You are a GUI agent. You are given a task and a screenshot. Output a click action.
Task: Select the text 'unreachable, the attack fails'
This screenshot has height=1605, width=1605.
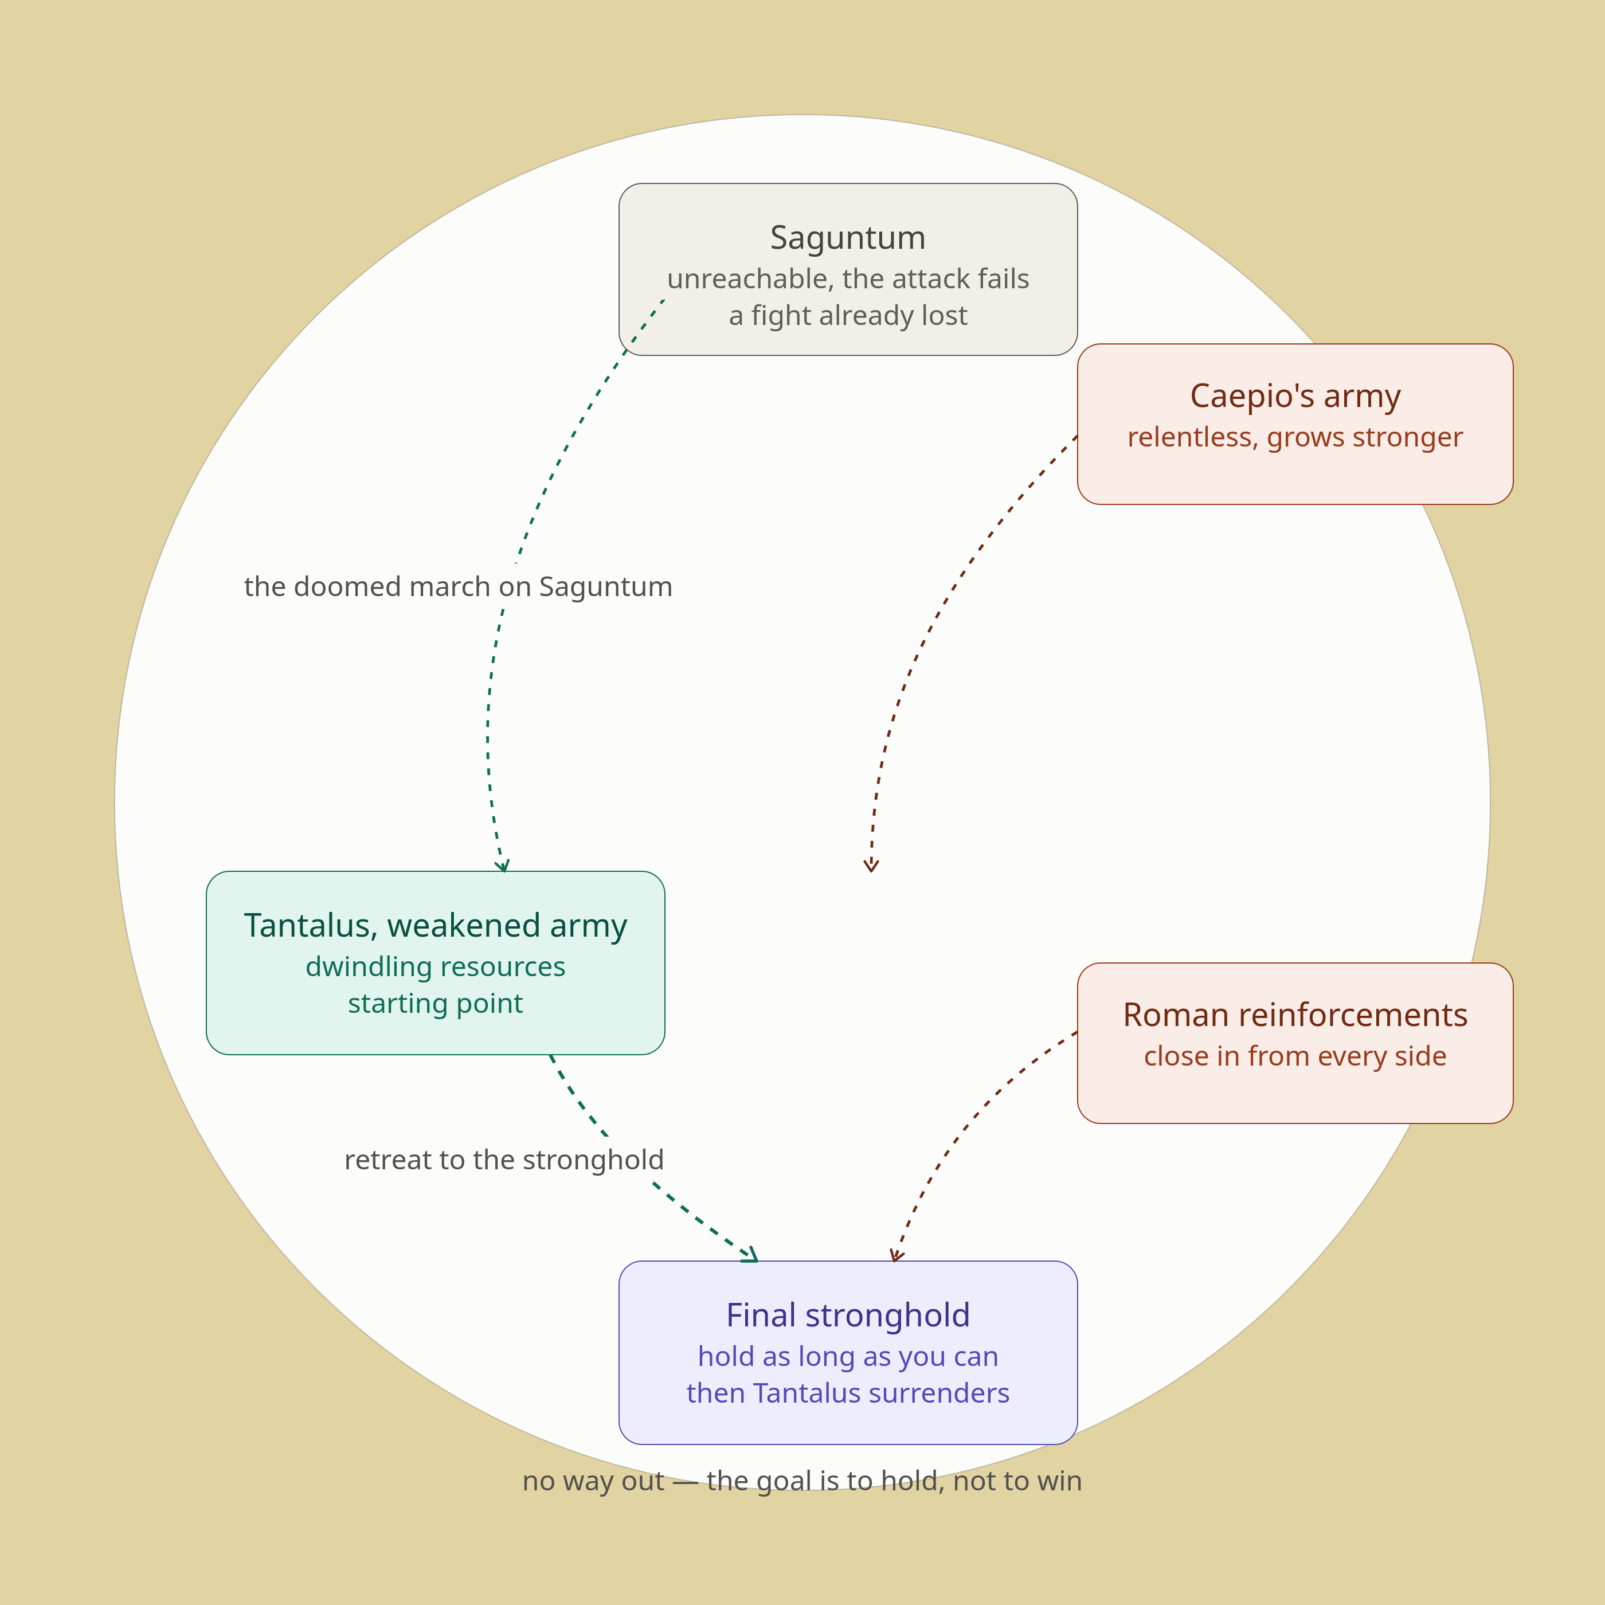(847, 279)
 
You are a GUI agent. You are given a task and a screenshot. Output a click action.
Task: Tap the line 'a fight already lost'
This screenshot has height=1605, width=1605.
(847, 316)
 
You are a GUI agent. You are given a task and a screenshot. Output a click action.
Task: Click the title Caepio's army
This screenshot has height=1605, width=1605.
(1295, 396)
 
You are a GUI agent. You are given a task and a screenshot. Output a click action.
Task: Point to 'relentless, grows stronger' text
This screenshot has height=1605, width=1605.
(1295, 437)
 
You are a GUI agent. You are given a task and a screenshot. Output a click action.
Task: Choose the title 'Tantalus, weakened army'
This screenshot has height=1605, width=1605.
(435, 925)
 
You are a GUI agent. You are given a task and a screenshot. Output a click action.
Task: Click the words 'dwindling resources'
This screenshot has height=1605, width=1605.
(435, 966)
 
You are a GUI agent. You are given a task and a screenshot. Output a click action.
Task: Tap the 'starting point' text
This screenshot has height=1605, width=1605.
(435, 1004)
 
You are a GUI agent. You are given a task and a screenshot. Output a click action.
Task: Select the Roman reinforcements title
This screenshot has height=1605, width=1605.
(1295, 1015)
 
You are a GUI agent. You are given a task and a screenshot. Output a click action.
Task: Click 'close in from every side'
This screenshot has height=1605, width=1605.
(1295, 1056)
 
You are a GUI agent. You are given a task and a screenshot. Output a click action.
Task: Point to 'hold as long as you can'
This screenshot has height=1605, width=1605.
(847, 1357)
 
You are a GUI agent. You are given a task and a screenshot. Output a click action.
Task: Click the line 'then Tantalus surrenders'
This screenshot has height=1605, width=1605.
(847, 1393)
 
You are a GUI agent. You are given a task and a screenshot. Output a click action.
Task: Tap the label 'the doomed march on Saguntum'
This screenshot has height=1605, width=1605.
(458, 586)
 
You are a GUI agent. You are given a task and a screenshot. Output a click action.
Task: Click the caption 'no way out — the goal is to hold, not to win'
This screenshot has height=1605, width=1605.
(802, 1481)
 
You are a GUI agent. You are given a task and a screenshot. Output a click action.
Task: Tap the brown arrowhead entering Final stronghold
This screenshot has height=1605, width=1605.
(895, 1256)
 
